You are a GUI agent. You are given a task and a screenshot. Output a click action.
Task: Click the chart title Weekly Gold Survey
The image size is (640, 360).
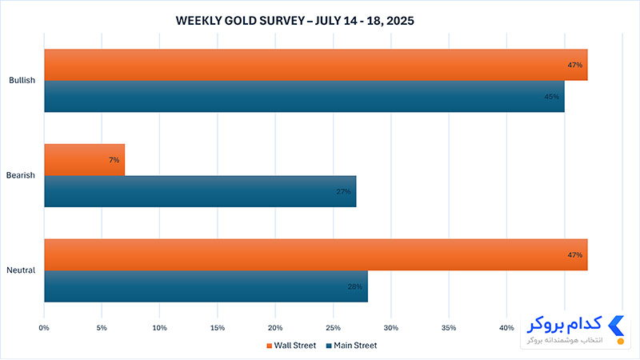click(294, 21)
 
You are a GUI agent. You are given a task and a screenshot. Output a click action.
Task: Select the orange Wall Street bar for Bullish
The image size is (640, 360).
click(316, 65)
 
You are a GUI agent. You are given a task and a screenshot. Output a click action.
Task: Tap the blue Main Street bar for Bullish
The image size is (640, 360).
click(305, 96)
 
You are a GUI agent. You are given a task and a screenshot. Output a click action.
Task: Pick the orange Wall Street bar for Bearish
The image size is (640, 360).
click(85, 160)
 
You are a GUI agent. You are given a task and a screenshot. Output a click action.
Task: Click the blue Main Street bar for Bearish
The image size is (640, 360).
click(200, 191)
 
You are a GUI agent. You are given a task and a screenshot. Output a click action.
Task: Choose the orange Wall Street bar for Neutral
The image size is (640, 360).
click(316, 254)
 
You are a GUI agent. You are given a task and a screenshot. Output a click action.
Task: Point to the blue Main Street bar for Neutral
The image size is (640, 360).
click(206, 286)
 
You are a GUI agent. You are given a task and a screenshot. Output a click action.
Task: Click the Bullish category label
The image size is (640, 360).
click(22, 81)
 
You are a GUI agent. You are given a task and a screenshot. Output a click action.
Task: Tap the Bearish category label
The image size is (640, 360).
click(21, 175)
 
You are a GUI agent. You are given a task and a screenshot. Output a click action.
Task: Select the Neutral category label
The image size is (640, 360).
click(21, 270)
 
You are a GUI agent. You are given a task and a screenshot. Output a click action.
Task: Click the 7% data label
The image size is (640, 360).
click(114, 160)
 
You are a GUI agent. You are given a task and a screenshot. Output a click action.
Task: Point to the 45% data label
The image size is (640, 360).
click(551, 97)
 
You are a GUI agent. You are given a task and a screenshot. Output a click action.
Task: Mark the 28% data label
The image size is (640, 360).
click(354, 286)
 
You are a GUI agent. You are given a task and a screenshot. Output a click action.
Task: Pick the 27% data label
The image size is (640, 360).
click(343, 191)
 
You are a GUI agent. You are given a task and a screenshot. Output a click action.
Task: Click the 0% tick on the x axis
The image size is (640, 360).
click(44, 328)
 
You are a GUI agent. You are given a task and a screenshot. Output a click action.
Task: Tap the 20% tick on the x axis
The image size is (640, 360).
click(275, 328)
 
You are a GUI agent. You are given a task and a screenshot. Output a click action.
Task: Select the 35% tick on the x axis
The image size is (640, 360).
click(449, 328)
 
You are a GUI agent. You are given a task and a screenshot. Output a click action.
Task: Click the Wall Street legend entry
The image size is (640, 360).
click(291, 346)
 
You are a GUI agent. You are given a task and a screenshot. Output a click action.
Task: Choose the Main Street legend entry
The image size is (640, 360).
click(351, 346)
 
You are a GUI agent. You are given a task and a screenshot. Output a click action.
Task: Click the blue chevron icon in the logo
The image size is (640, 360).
click(616, 326)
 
